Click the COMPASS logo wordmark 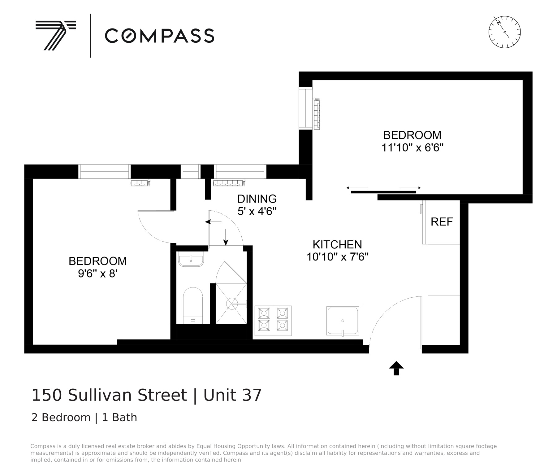[159, 36]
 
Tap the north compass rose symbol [504, 32]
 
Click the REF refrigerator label [442, 222]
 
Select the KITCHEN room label [337, 245]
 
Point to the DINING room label [257, 199]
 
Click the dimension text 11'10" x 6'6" [412, 148]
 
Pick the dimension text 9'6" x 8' [97, 274]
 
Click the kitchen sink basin [343, 321]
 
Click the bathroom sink [191, 260]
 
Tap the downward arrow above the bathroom [226, 237]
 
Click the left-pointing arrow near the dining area [214, 222]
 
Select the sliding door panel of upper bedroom [383, 192]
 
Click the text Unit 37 [232, 395]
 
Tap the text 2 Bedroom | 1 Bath [84, 418]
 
